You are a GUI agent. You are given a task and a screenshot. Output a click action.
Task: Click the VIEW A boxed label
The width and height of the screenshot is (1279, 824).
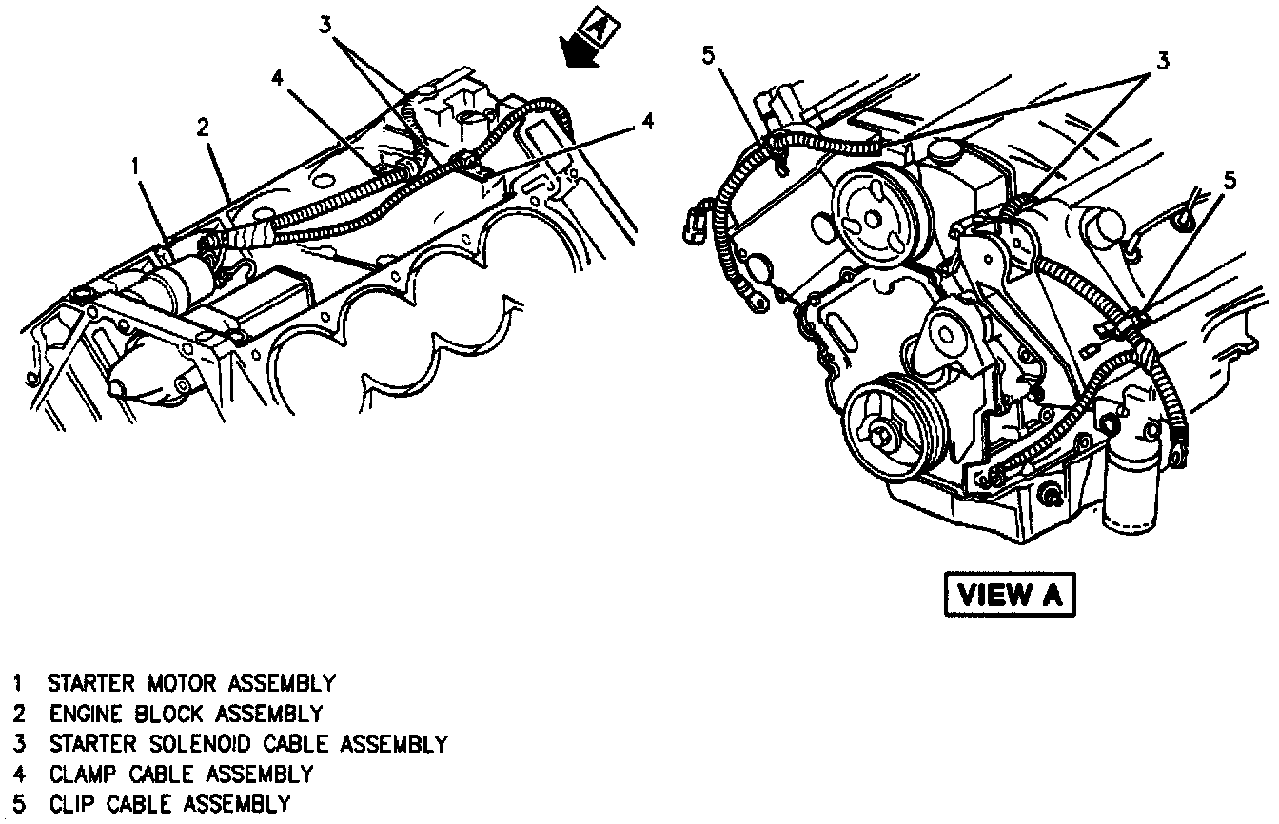tap(1010, 596)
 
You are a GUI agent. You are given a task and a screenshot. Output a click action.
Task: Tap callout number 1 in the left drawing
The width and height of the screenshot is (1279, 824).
tap(136, 167)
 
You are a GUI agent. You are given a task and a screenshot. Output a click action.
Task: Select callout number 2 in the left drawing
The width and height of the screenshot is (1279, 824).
tap(203, 127)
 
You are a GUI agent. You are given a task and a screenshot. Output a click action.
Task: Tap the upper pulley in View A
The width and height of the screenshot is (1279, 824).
tap(871, 218)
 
